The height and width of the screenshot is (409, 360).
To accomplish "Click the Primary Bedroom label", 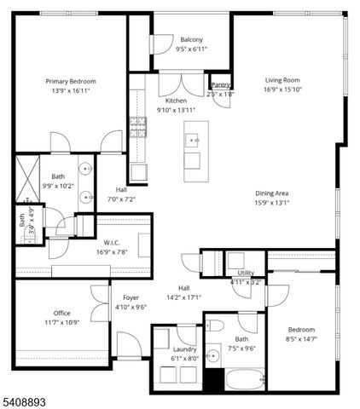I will point(71,82).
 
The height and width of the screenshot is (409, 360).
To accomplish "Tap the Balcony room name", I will point(191,40).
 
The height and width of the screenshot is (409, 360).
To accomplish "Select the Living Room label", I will point(284,79).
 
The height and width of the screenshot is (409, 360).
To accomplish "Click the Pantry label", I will point(220,85).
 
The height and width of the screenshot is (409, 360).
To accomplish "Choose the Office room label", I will point(61,313).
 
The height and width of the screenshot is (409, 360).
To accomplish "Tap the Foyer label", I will point(130,297).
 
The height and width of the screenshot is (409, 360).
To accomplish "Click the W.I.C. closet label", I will point(110,243).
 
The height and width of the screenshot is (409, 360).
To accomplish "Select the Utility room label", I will point(246,273).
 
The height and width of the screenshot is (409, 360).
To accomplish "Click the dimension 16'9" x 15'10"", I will point(284,89).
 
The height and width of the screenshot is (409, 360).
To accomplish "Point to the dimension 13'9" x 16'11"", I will point(71,91).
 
